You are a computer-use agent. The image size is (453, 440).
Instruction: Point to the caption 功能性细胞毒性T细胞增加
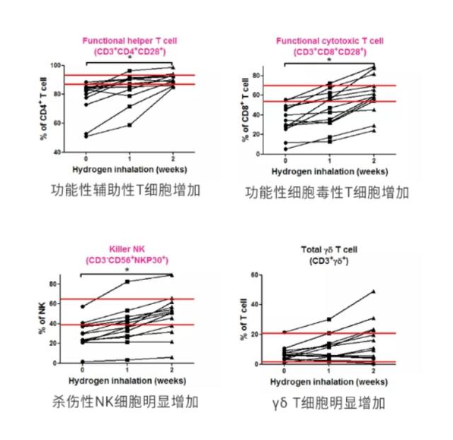[x=327, y=192]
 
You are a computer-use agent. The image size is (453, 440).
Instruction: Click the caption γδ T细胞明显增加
[x=328, y=403]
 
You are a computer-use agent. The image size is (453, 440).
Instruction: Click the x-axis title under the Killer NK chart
[x=127, y=381]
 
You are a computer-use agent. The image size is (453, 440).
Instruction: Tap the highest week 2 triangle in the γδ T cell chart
[x=373, y=291]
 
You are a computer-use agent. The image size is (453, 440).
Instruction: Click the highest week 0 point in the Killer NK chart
[x=83, y=307]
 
